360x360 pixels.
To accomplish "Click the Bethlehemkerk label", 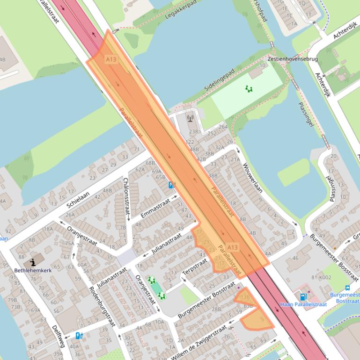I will pos(33,270).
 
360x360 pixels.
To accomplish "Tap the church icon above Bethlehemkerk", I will pos(33,262).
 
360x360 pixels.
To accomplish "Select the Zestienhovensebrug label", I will pos(293,59).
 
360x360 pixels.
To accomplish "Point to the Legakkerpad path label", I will pos(180,10).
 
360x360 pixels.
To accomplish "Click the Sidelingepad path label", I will pos(219,80).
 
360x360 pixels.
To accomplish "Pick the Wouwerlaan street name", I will pos(252,178).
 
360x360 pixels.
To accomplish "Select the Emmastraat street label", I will pos(154,209).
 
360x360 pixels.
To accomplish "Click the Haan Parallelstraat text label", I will pos(303,304).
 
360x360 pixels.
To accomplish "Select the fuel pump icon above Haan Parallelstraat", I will pos(303,296).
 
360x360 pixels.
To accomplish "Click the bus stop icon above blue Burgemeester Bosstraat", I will pos(347,288).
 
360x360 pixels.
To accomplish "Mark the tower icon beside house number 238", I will pos(190,119).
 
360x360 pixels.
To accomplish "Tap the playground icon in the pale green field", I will pos(249,88).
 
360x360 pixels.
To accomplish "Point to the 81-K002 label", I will pos(321,278).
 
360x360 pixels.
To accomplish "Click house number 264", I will pos(223,127).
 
